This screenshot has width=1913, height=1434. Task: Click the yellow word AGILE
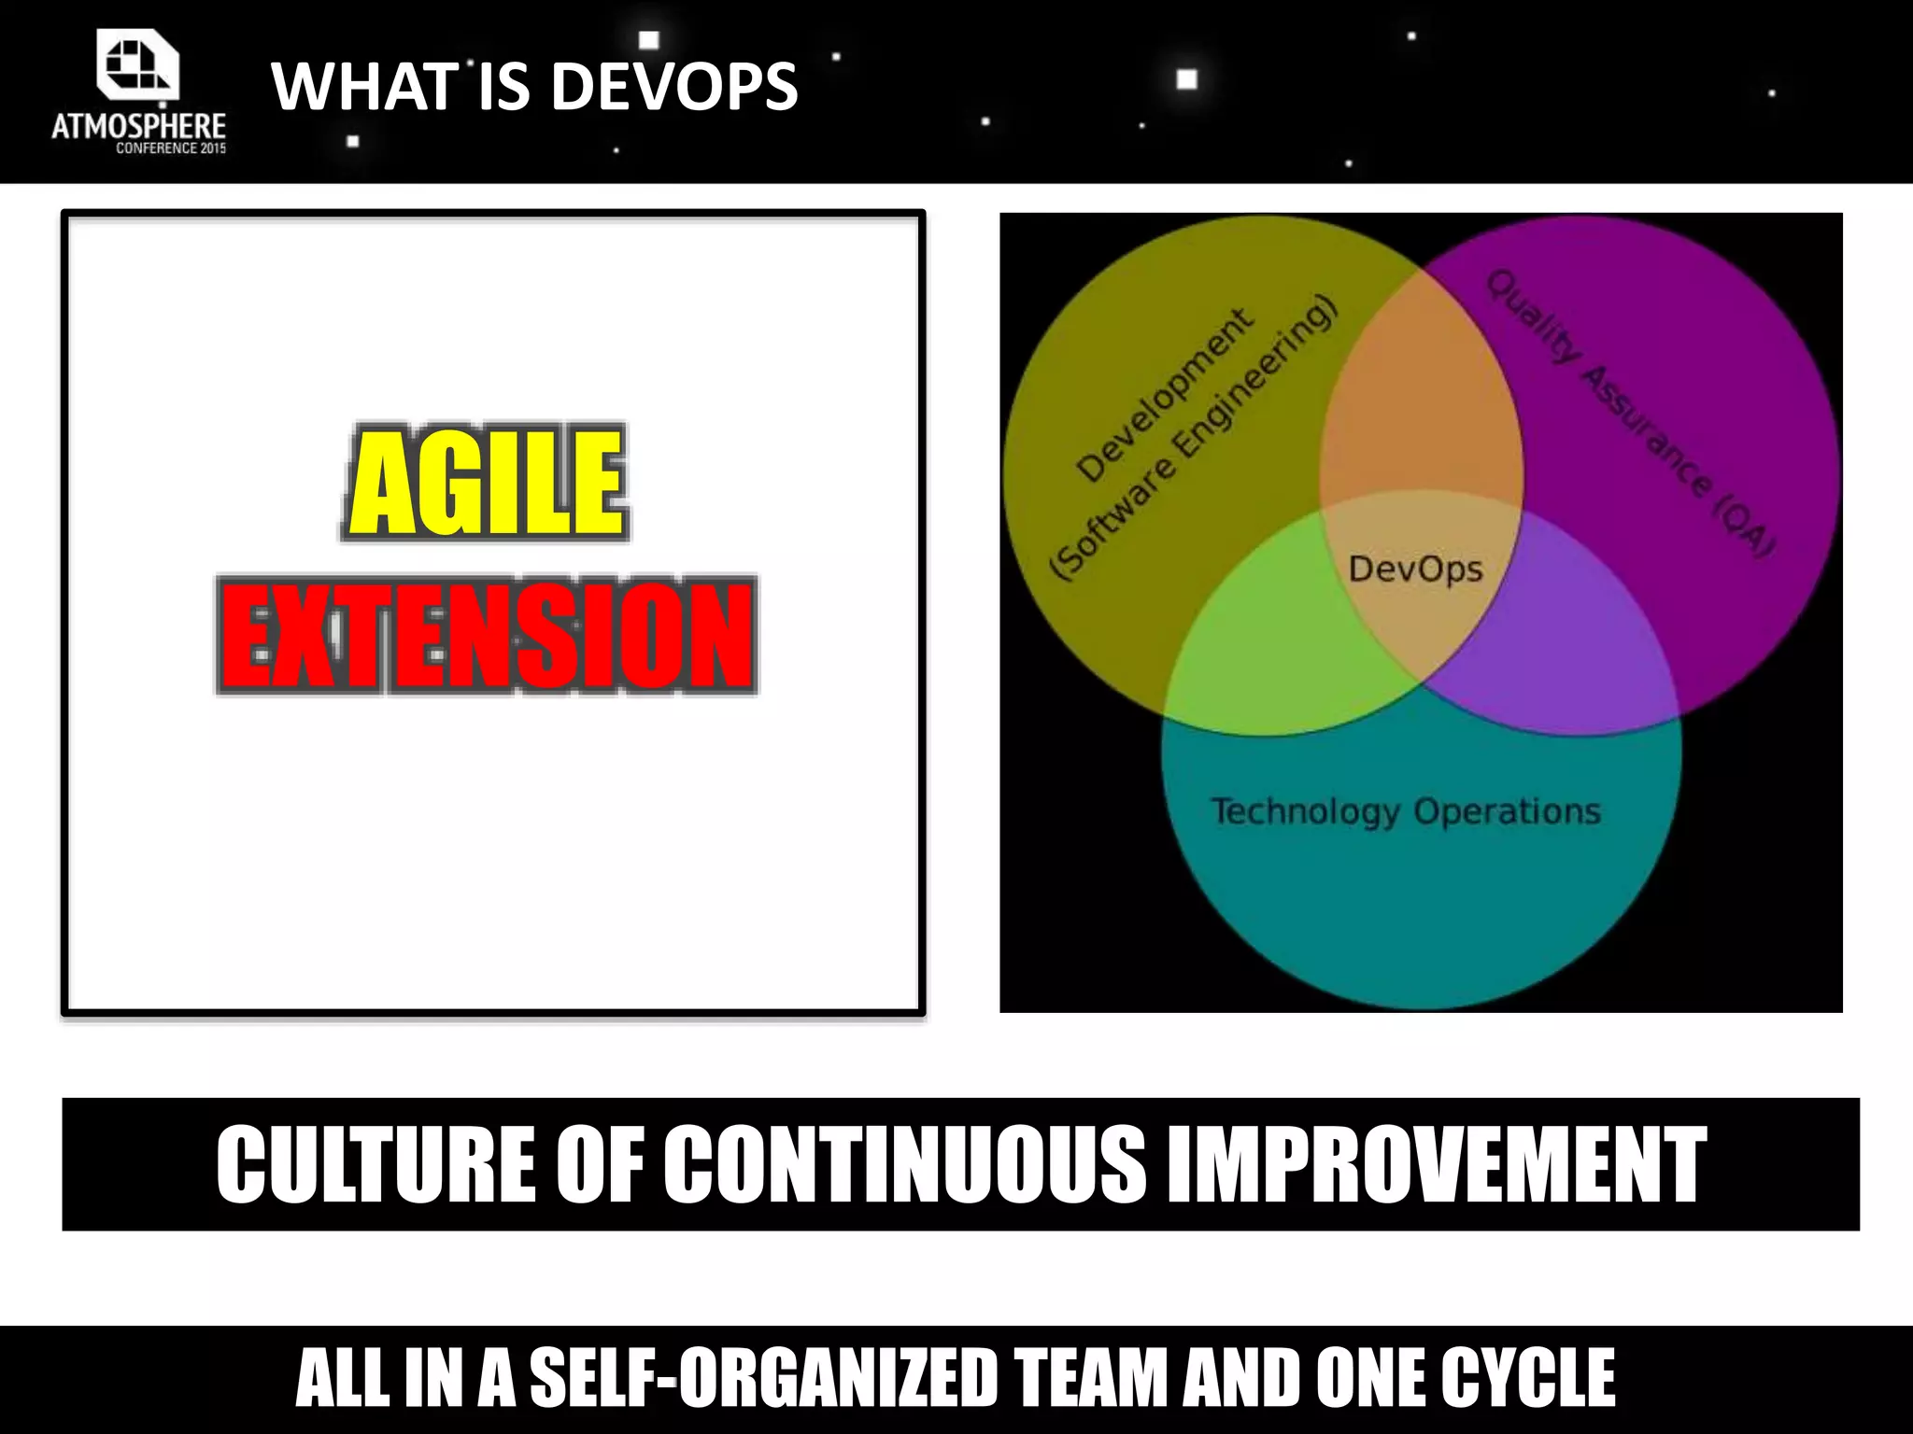(485, 483)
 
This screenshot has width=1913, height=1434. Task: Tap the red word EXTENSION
(487, 635)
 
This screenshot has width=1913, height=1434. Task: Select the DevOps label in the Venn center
(1415, 569)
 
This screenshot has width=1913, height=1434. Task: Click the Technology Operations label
(1406, 810)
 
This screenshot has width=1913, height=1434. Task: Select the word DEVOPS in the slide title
(674, 87)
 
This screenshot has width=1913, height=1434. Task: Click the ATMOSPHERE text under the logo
(138, 126)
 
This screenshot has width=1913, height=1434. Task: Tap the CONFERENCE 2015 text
(171, 148)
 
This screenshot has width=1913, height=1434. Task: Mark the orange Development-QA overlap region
(1420, 411)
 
